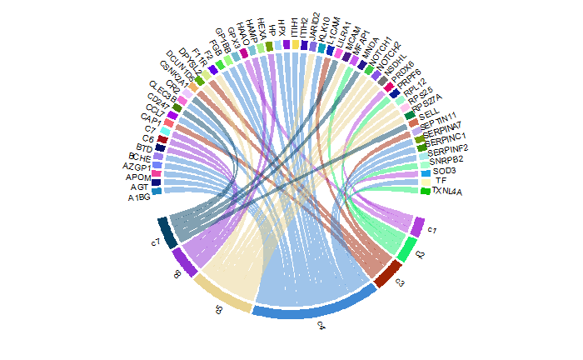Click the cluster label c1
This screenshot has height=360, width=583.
tap(432, 230)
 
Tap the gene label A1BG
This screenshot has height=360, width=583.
tap(139, 198)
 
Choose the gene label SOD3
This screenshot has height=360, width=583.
tap(445, 170)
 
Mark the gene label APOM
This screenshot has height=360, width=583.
tap(137, 177)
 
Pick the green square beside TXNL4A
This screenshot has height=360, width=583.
tap(426, 191)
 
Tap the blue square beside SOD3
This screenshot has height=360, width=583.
tap(426, 172)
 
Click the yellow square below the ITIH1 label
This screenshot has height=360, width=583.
tap(296, 44)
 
